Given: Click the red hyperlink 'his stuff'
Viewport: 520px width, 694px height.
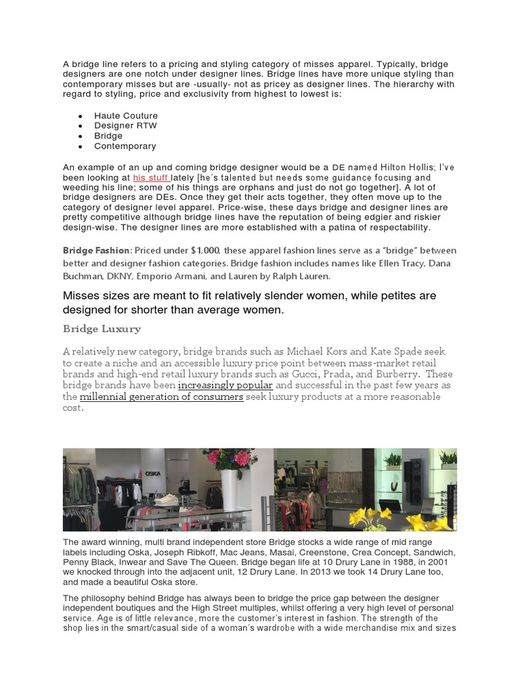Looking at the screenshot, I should (x=151, y=177).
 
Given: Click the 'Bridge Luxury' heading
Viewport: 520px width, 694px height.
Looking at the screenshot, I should (x=102, y=329).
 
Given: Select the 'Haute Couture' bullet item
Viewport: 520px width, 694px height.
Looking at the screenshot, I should (x=126, y=116).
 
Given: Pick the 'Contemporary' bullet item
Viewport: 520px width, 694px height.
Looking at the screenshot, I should (x=125, y=146).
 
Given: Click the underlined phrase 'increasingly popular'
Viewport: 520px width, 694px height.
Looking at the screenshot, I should (x=225, y=385).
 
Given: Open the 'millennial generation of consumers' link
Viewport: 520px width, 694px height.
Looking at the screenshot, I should (x=161, y=396).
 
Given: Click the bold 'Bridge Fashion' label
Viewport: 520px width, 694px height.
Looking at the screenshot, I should (x=95, y=251).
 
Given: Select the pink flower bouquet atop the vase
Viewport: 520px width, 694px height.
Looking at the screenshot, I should (x=228, y=457).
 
